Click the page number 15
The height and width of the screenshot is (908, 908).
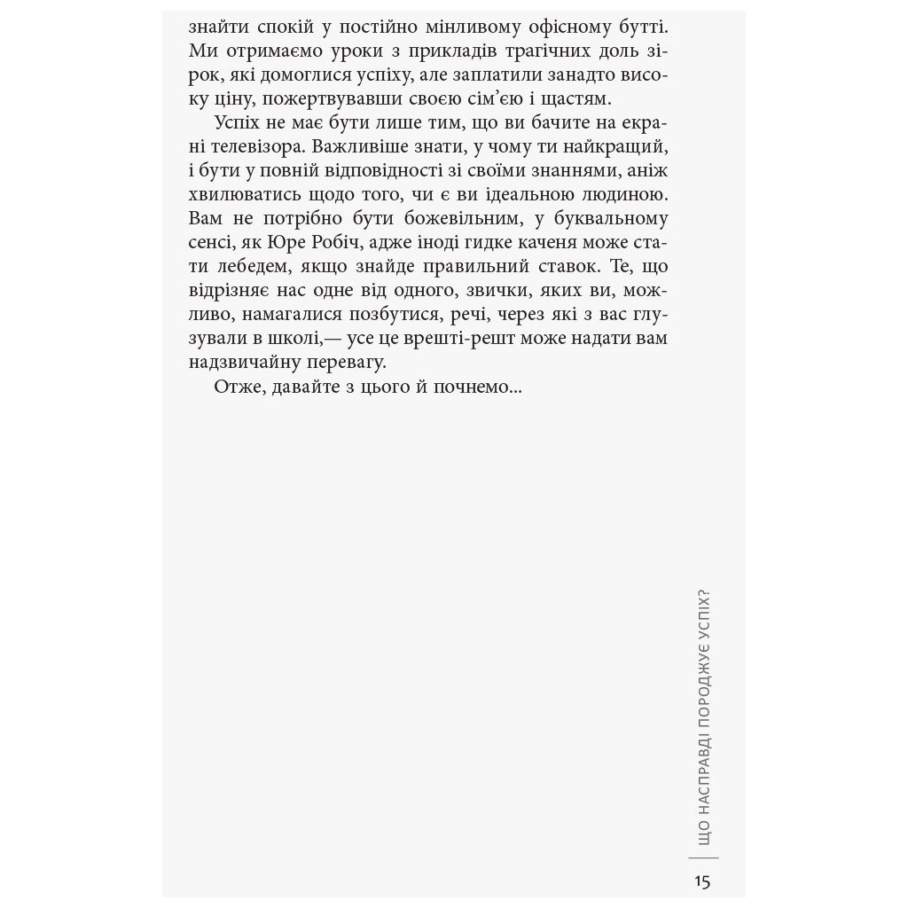pyautogui.click(x=702, y=881)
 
